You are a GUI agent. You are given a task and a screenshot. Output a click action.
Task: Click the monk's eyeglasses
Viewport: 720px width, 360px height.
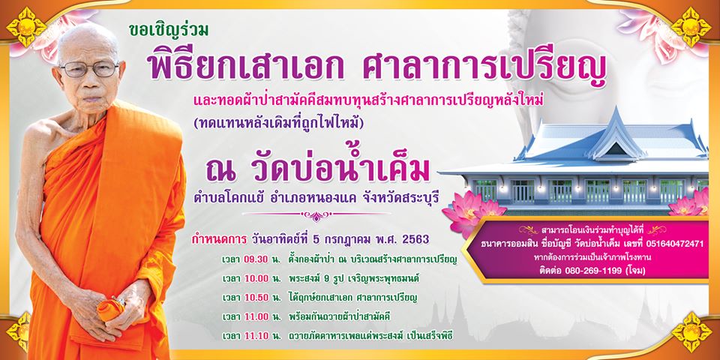(89, 69)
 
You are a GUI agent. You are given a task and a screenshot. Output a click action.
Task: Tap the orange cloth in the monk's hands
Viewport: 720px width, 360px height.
(109, 308)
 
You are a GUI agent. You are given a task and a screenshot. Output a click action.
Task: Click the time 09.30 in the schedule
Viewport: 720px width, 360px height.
(256, 259)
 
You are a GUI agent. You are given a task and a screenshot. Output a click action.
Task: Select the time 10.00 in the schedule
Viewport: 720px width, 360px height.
(256, 279)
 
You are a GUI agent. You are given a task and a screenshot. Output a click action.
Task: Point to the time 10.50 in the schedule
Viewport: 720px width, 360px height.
(256, 298)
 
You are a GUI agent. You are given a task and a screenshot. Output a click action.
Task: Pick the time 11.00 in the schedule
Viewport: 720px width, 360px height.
(256, 316)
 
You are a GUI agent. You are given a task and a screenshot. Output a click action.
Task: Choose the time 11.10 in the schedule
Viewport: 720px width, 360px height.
(256, 336)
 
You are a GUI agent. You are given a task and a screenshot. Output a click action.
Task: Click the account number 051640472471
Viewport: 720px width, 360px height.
(674, 244)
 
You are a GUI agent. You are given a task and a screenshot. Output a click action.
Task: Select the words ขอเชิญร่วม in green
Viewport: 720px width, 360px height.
(169, 30)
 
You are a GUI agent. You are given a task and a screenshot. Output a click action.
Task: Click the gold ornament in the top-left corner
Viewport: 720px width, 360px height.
(27, 27)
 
